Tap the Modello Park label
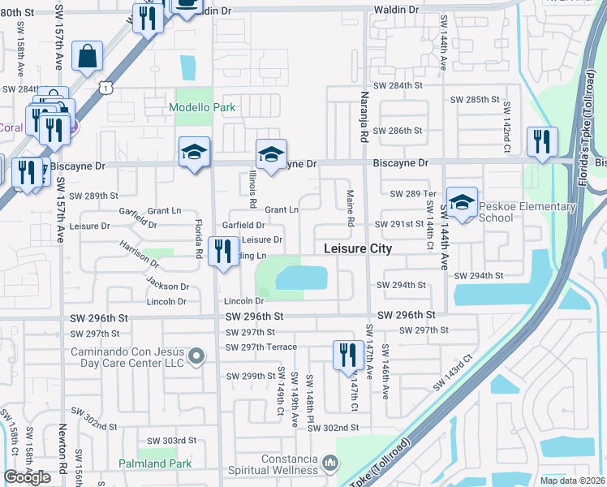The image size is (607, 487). tap(202, 107)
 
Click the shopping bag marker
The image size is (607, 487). tap(87, 57)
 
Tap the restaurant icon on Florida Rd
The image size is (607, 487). tap(223, 250)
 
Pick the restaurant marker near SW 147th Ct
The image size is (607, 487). tap(346, 355)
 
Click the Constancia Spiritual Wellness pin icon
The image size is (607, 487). tap(329, 463)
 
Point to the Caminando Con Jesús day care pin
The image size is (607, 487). tap(196, 356)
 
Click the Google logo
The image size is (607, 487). tap(27, 477)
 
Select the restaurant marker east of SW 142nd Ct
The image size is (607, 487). tap(540, 141)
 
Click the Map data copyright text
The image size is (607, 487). tap(572, 481)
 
